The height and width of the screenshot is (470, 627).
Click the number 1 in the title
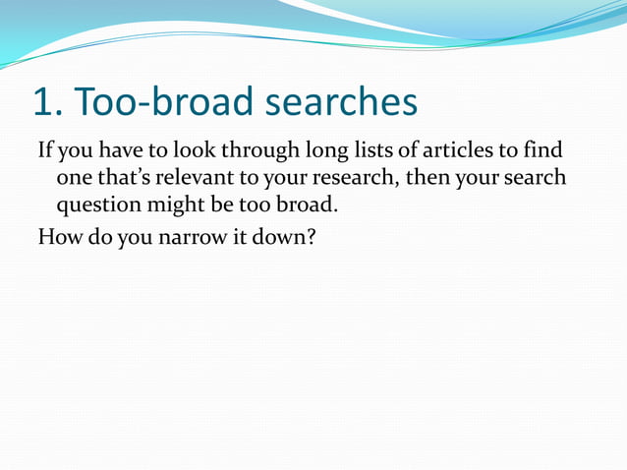[42, 102]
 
